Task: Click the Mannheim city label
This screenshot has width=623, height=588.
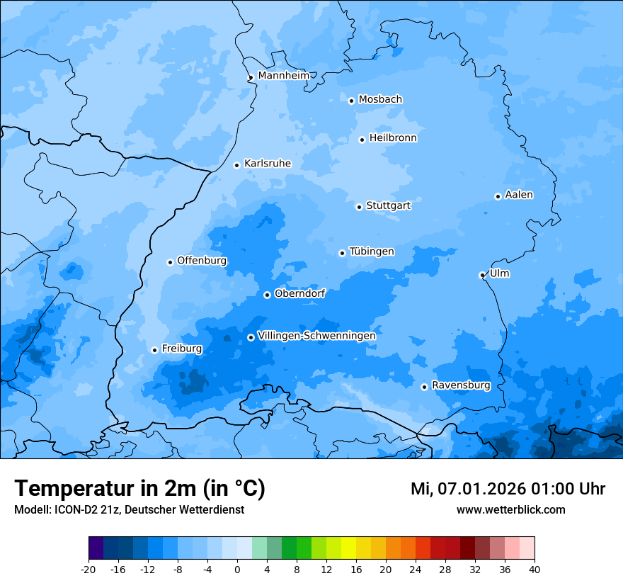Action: coord(283,76)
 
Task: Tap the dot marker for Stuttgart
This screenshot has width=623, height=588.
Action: coord(359,207)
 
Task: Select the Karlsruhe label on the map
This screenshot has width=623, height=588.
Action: coord(268,164)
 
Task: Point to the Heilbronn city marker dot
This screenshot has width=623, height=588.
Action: coord(362,140)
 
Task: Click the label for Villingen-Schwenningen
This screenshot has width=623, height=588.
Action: coord(316,336)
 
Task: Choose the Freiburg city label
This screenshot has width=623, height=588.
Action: coord(182,349)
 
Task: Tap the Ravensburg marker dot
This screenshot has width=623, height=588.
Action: coord(424,387)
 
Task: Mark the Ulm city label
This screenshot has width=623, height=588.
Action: coord(500,273)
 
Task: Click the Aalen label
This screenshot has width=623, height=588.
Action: coord(519,195)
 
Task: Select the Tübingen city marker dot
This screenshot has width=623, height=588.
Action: coord(342,253)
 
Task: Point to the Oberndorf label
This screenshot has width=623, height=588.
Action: coord(299,293)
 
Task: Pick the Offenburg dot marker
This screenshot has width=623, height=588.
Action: coord(170,262)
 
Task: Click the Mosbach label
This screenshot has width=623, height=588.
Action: coord(380,100)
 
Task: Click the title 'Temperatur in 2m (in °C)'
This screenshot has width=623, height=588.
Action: coord(139,488)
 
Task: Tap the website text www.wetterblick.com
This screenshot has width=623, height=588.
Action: coord(510,509)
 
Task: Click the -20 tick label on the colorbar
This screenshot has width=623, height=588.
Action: coord(88,569)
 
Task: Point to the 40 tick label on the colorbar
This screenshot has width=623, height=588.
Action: coord(535,569)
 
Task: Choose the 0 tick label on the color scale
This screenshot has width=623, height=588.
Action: coord(237,569)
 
